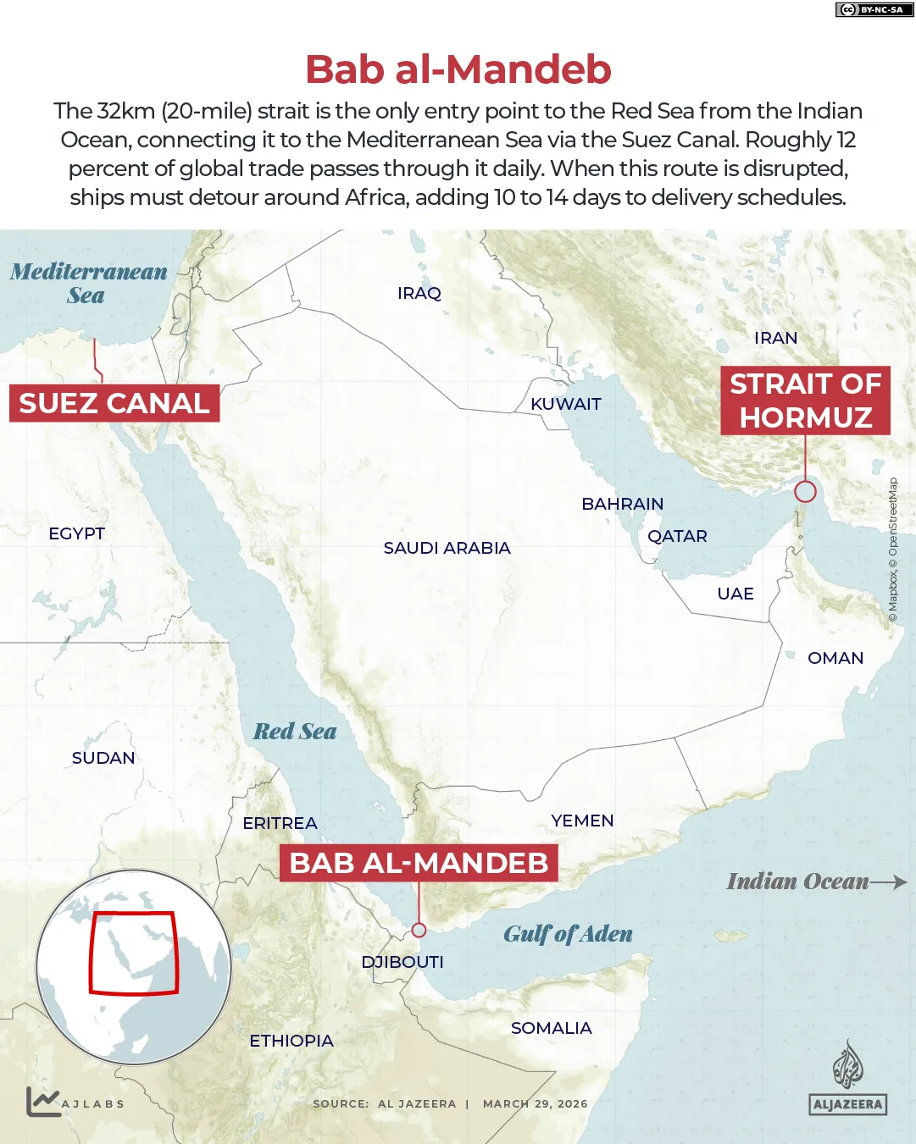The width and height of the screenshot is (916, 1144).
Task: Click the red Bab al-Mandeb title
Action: pyautogui.click(x=458, y=69)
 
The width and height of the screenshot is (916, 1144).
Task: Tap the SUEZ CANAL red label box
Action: pyautogui.click(x=114, y=403)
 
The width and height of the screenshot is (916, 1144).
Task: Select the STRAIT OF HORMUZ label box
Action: pyautogui.click(x=805, y=401)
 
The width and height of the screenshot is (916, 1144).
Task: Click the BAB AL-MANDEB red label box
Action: pyautogui.click(x=419, y=863)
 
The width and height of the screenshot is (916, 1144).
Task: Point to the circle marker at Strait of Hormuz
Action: pyautogui.click(x=805, y=491)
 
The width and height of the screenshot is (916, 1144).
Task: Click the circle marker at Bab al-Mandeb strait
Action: pyautogui.click(x=419, y=930)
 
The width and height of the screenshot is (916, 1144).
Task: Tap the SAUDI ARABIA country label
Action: pyautogui.click(x=447, y=548)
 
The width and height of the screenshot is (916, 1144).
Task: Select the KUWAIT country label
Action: pyautogui.click(x=565, y=404)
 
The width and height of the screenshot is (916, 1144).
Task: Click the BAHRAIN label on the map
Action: pyautogui.click(x=622, y=504)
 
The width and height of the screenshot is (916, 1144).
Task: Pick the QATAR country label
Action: pyautogui.click(x=677, y=536)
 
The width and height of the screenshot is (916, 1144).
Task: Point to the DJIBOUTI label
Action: pyautogui.click(x=402, y=962)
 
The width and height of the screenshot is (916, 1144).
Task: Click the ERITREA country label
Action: pyautogui.click(x=280, y=823)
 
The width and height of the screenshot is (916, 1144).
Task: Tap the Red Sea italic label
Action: pyautogui.click(x=295, y=732)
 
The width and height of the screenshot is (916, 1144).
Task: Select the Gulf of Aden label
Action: pyautogui.click(x=568, y=934)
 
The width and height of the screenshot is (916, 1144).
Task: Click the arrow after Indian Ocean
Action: pyautogui.click(x=889, y=881)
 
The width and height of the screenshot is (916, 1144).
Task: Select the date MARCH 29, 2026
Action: pyautogui.click(x=535, y=1103)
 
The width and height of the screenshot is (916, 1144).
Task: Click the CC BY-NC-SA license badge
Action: pyautogui.click(x=874, y=9)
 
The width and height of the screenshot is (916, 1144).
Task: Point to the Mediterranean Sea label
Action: pyautogui.click(x=88, y=283)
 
